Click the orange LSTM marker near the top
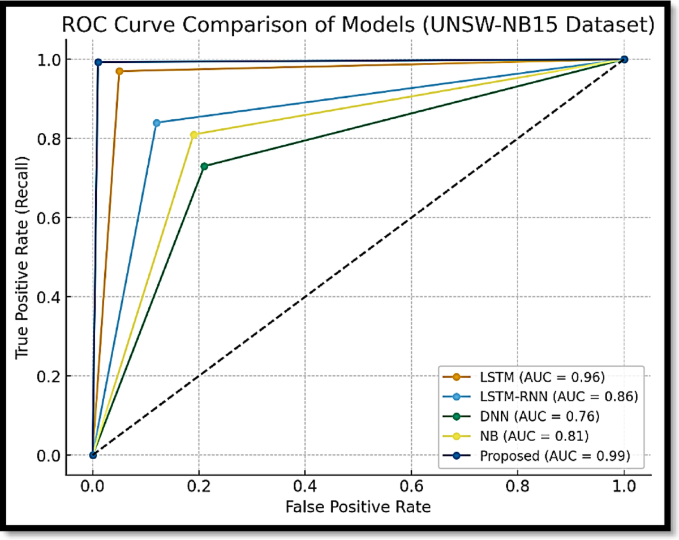119,71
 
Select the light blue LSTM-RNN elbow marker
157,123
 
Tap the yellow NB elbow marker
194,135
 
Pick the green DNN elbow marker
204,166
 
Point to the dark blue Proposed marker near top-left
98,62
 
